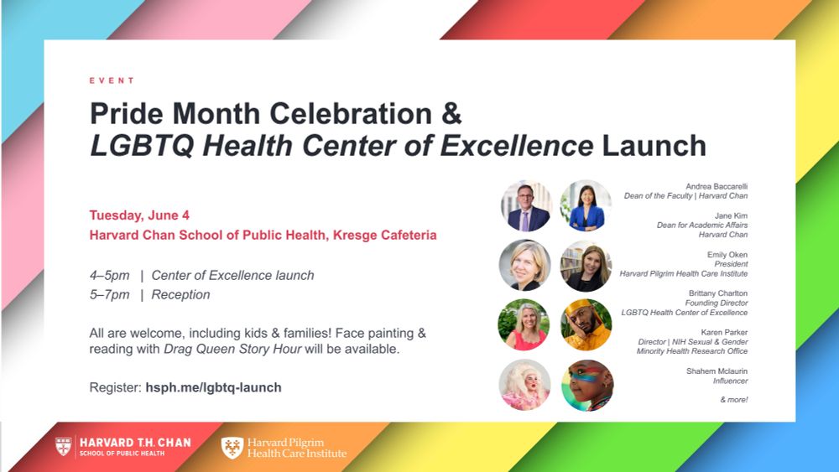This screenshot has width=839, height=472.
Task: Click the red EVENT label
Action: point(112,80)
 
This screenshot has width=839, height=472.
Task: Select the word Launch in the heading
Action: point(654,145)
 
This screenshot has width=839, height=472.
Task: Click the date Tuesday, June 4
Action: point(139,215)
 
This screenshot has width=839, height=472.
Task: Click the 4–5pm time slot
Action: point(110,275)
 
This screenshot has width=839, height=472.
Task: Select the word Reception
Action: point(180,294)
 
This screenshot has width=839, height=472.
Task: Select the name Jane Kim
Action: point(730,215)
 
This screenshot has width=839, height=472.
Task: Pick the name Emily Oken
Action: point(727,253)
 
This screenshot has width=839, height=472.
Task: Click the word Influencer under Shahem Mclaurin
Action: point(730,381)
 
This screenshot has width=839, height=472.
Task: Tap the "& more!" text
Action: point(733,400)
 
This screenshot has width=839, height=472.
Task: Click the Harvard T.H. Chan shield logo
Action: point(63,446)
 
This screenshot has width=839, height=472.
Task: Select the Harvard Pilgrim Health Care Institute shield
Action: point(232,448)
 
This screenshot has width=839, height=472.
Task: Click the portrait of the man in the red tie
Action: point(526,205)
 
